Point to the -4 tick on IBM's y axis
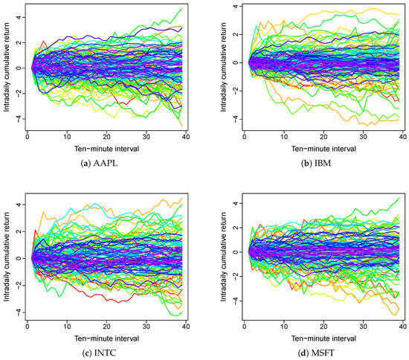pos(233,119)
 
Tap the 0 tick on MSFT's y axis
pos(233,252)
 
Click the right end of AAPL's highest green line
pos(181,9)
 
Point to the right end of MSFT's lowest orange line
pos(400,315)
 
